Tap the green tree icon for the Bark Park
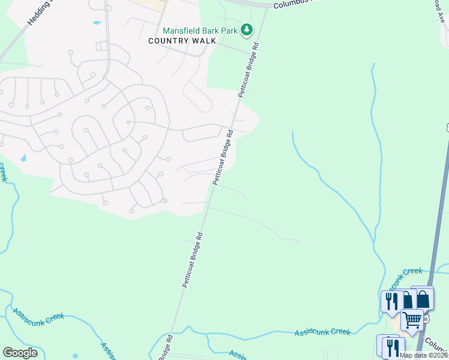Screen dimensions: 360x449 click(246, 29)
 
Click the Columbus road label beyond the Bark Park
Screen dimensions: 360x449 click(294, 4)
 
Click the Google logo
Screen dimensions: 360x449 click(20, 353)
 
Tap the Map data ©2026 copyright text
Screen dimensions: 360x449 click(423, 355)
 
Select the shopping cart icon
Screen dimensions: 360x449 click(412, 320)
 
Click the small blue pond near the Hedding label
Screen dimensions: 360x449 click(97, 23)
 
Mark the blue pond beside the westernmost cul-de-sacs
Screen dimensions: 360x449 click(23, 158)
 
